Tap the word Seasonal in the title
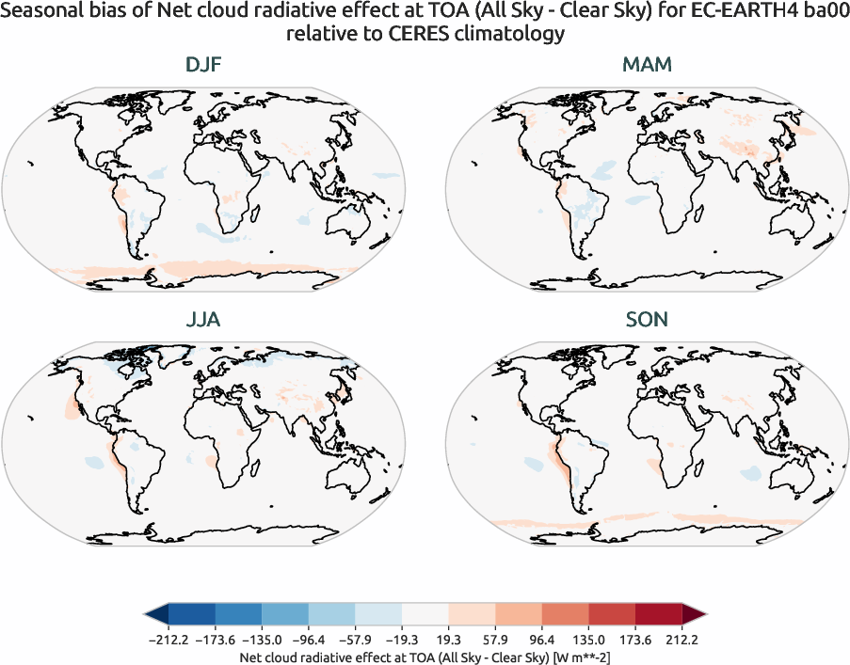pos(41,12)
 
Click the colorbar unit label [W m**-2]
pos(579,655)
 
